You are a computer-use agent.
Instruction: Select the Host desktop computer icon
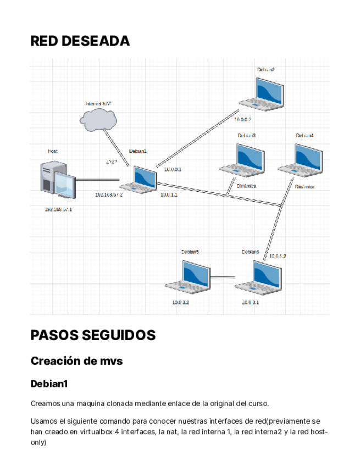58,180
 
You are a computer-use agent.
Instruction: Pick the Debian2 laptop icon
262,93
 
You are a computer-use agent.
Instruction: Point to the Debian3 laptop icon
242,160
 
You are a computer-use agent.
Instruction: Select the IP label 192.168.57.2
108,195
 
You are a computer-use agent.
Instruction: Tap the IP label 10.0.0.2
242,119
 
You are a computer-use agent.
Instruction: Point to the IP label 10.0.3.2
180,302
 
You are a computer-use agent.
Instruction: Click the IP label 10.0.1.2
278,256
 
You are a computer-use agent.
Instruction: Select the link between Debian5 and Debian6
223,277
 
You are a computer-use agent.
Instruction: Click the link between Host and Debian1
98,180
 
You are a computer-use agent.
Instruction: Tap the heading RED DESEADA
80,41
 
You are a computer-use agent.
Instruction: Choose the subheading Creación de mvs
76,361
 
